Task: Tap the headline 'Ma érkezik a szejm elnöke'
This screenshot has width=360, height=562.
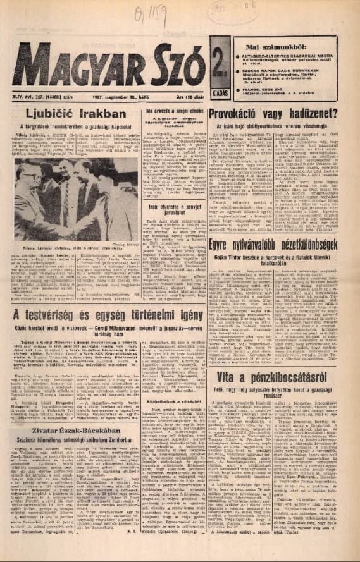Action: [178, 112]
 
